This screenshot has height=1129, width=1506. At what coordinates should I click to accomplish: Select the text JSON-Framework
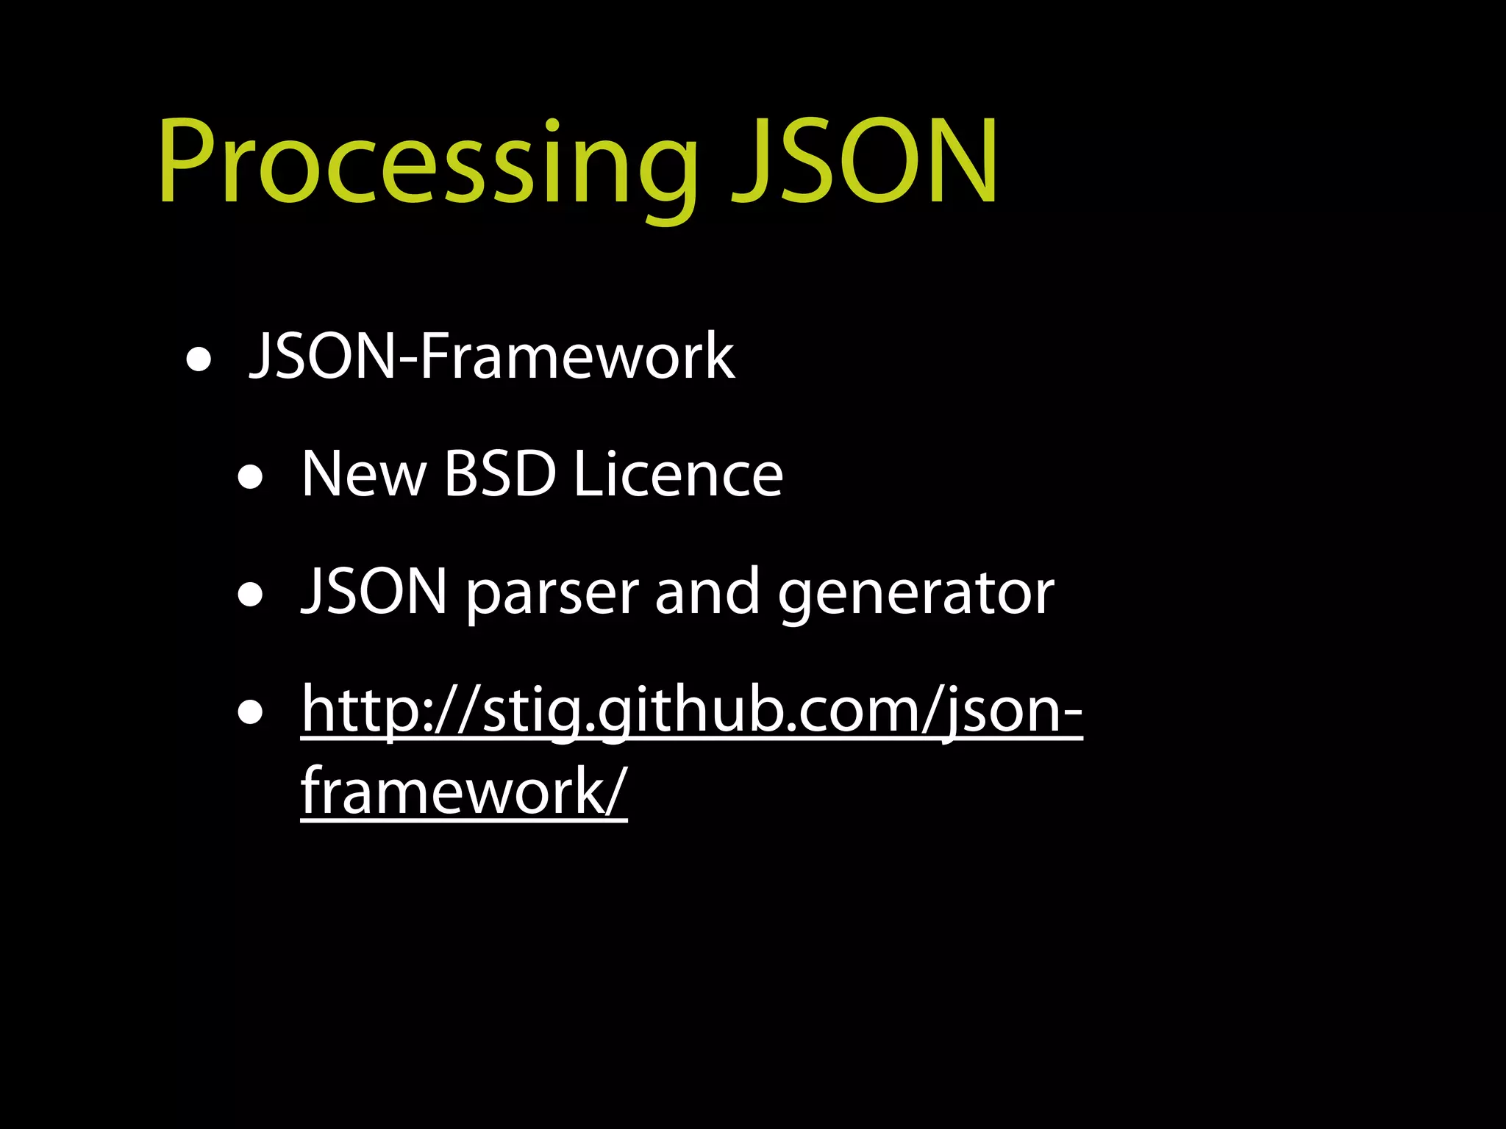pyautogui.click(x=491, y=356)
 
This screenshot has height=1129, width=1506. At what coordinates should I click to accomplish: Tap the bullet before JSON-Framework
pyautogui.click(x=199, y=361)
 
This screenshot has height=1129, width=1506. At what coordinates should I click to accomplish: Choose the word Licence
pyautogui.click(x=678, y=475)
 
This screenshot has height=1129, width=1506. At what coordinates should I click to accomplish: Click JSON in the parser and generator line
pyautogui.click(x=374, y=592)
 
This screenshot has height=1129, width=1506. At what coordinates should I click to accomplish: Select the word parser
pyautogui.click(x=552, y=595)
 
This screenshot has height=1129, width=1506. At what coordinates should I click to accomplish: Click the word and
pyautogui.click(x=707, y=592)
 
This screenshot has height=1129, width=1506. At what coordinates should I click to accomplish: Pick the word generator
pyautogui.click(x=916, y=595)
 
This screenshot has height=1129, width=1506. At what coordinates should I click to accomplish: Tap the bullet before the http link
pyautogui.click(x=251, y=712)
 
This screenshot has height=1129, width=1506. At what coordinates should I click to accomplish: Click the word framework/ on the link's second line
pyautogui.click(x=464, y=792)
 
